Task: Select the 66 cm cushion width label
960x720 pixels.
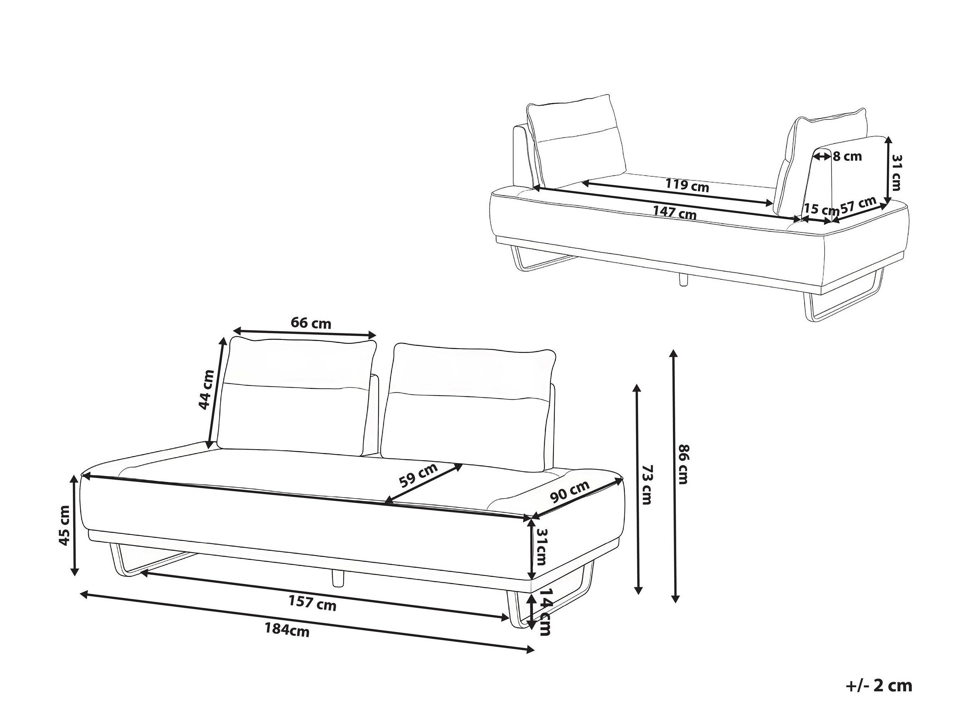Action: pyautogui.click(x=311, y=323)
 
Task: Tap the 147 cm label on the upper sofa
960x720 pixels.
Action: pyautogui.click(x=675, y=213)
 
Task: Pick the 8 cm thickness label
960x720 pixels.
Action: pyautogui.click(x=847, y=156)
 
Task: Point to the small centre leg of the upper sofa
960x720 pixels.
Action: pyautogui.click(x=683, y=280)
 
